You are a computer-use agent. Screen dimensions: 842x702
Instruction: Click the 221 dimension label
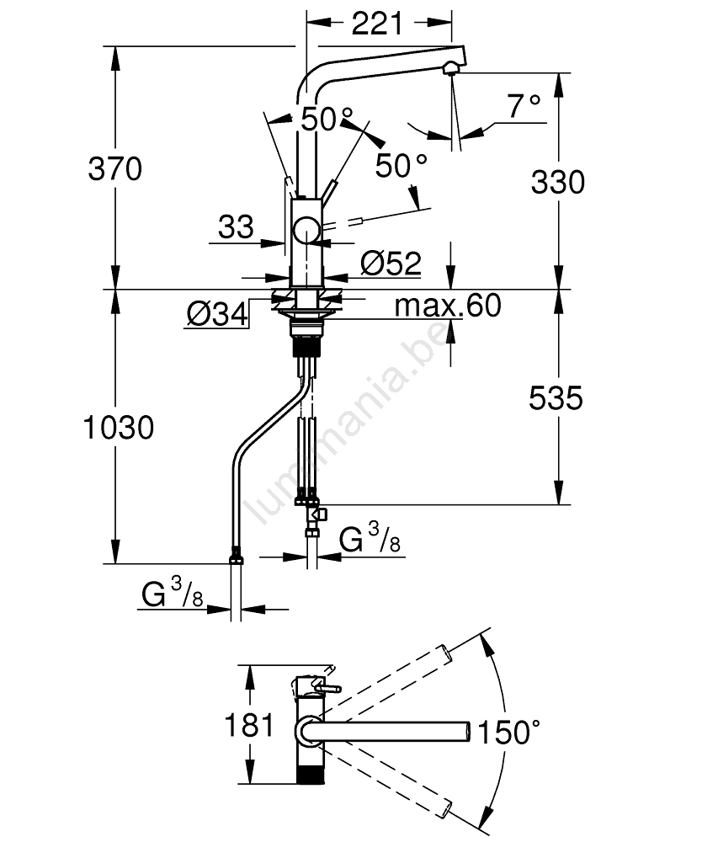(x=376, y=24)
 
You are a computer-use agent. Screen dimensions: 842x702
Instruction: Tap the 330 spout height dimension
(x=557, y=181)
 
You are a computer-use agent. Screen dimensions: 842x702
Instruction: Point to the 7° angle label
(x=524, y=106)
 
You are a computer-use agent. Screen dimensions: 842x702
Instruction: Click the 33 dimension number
(x=236, y=226)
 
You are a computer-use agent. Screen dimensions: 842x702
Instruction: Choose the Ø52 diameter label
(x=391, y=264)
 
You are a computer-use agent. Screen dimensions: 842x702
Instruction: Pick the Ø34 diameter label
(x=217, y=315)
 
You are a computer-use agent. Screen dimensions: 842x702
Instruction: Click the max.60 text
(x=448, y=306)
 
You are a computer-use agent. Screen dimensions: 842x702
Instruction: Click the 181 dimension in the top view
(x=249, y=724)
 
